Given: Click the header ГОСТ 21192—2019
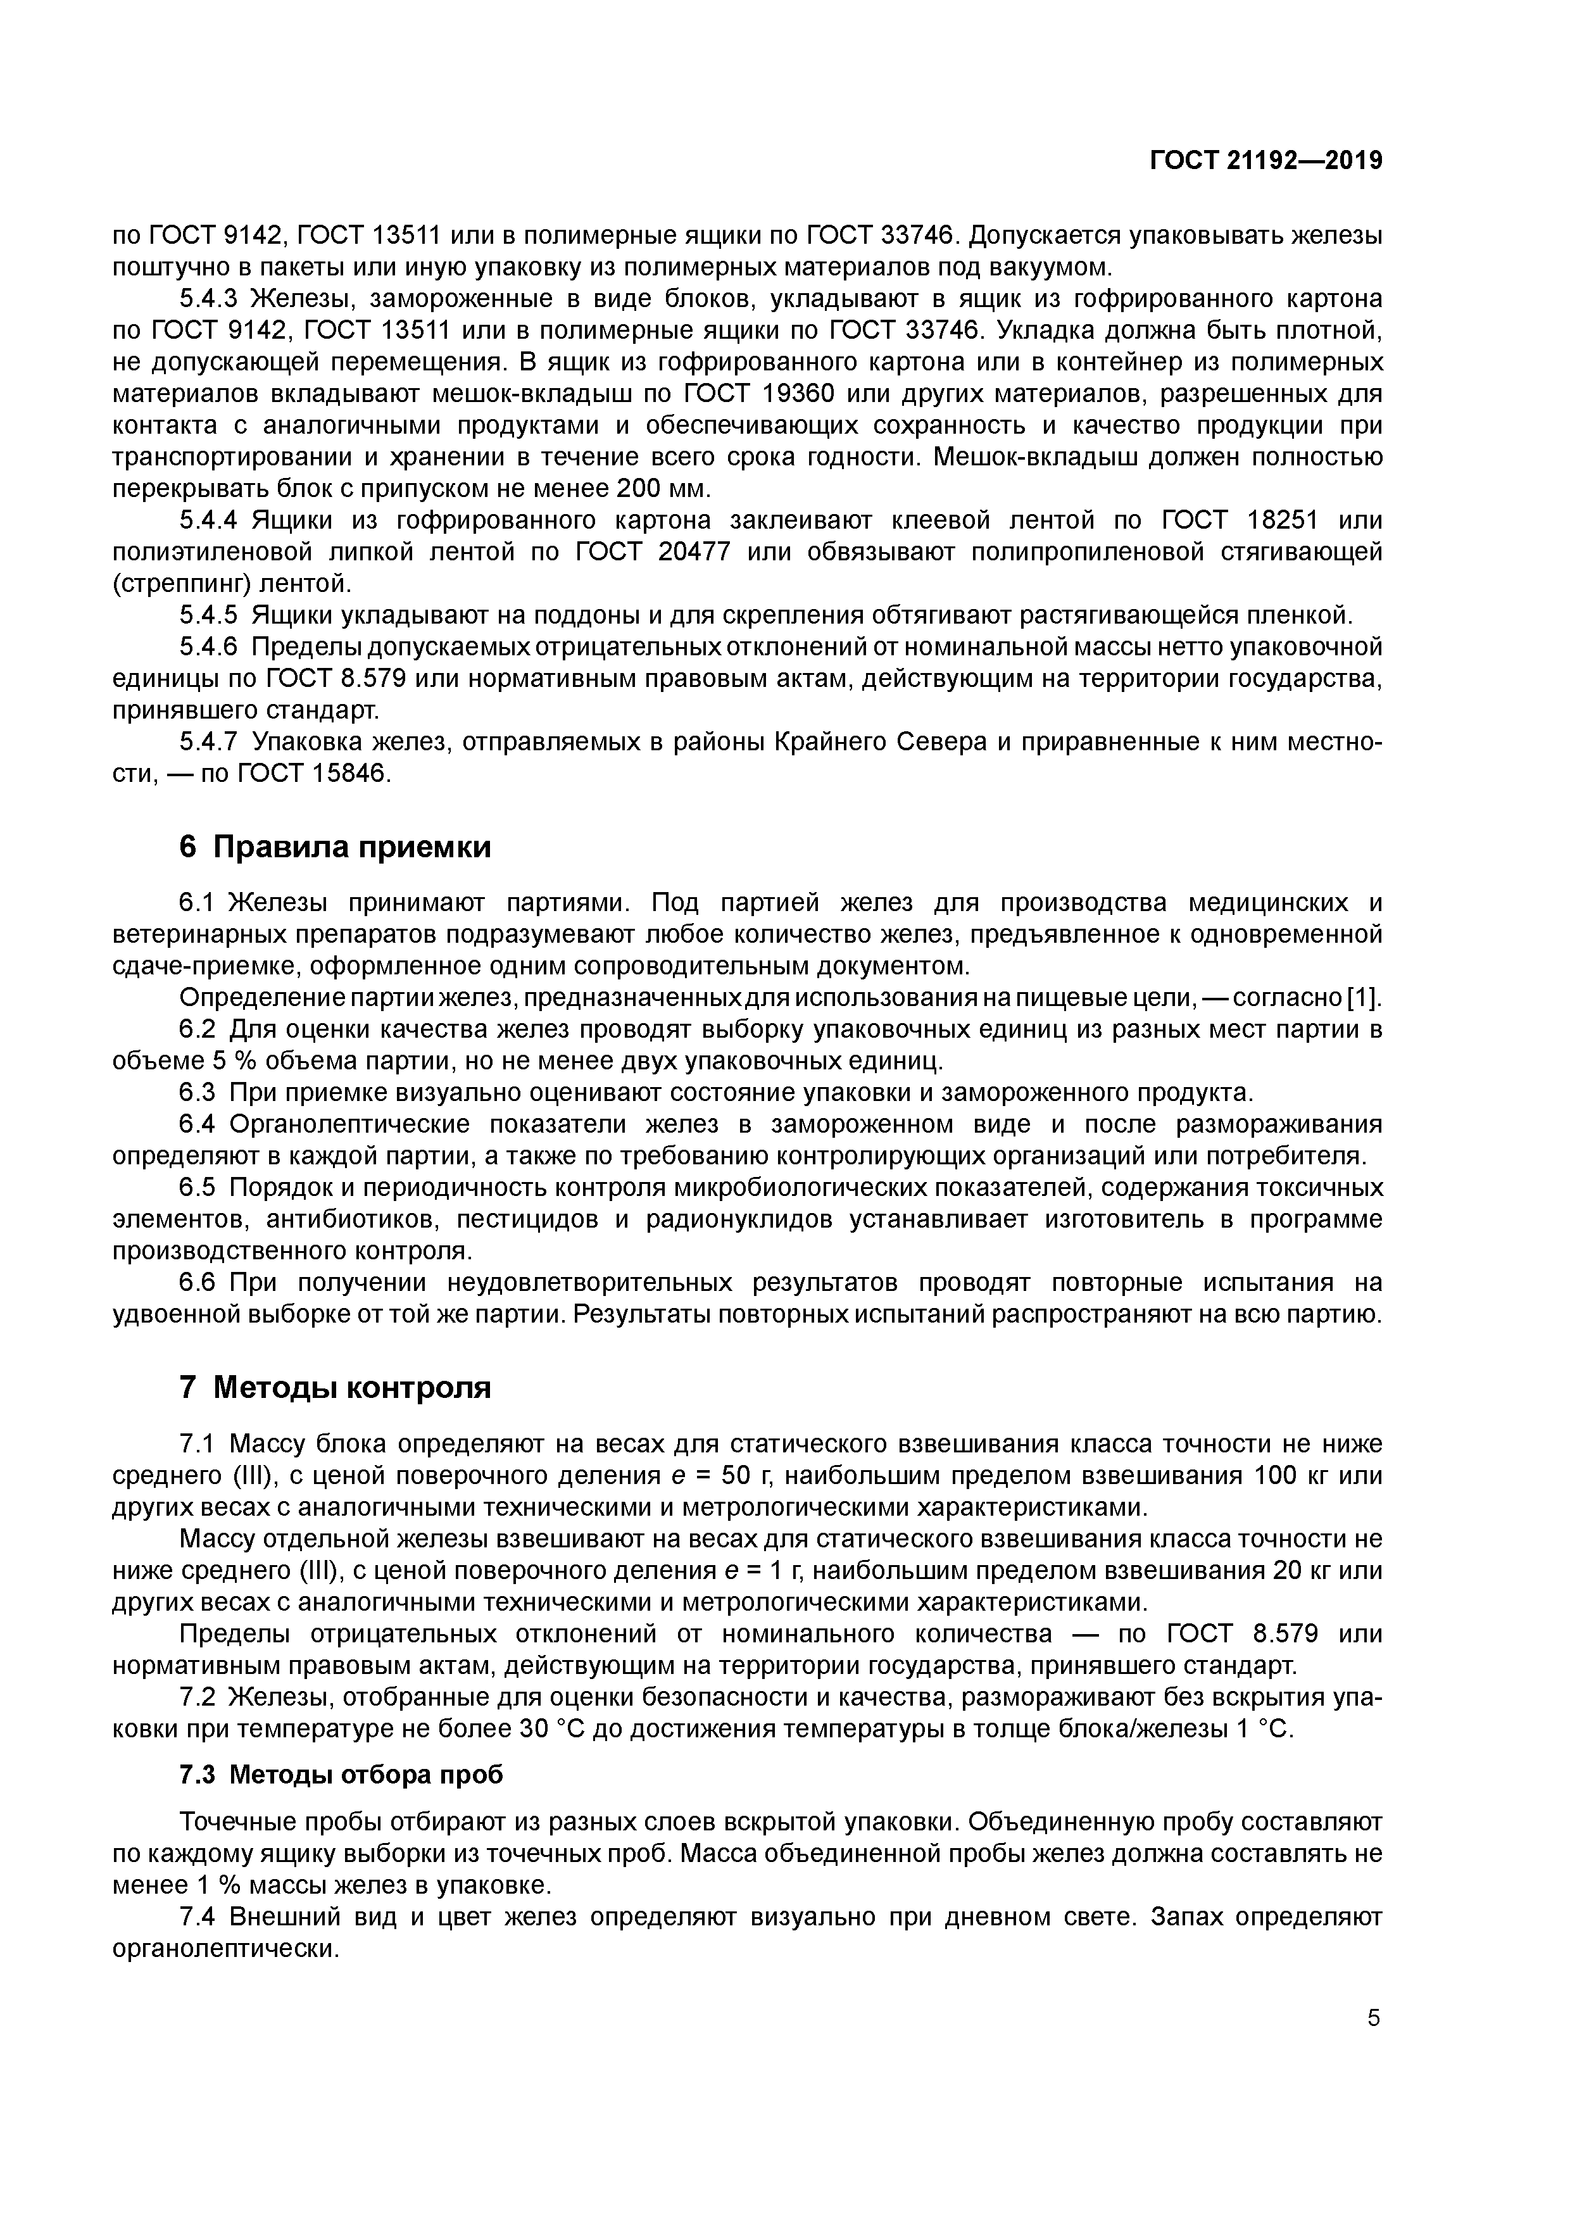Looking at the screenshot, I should (x=1265, y=161).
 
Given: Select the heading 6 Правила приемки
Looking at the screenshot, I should (x=335, y=847).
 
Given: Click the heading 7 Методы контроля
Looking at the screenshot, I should (x=335, y=1388).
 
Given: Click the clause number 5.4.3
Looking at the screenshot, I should (x=208, y=299).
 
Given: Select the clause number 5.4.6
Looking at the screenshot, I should (x=208, y=646).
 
